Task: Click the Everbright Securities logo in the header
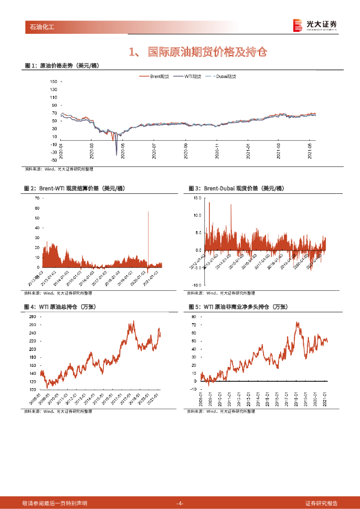[315, 25]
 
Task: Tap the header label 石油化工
[39, 27]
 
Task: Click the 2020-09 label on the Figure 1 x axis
[185, 148]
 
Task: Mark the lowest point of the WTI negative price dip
[116, 156]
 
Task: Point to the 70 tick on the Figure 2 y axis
[37, 198]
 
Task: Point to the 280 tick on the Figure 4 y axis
[32, 317]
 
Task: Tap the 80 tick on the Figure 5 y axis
[194, 316]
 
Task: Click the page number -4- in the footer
[180, 504]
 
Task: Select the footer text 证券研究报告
[321, 504]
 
